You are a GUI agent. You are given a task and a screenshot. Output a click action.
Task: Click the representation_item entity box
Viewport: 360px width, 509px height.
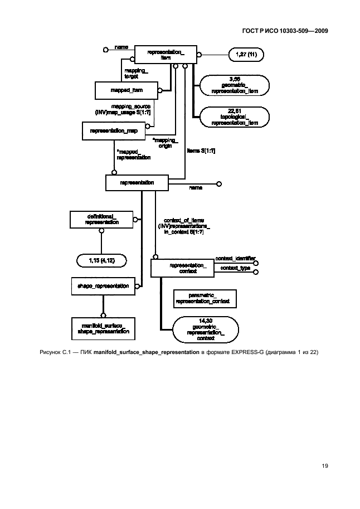(166, 55)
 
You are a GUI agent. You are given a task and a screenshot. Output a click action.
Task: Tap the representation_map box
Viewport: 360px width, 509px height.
(114, 130)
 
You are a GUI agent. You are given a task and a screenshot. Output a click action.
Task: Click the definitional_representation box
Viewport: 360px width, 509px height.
(101, 219)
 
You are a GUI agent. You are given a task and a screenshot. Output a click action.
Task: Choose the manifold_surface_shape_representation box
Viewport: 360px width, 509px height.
(104, 327)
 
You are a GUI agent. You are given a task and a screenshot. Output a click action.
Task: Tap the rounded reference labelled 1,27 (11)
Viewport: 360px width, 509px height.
(246, 55)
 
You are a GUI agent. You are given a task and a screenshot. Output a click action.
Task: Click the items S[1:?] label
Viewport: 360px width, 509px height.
(201, 151)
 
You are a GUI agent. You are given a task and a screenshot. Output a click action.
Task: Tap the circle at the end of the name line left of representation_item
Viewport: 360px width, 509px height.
(106, 50)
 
